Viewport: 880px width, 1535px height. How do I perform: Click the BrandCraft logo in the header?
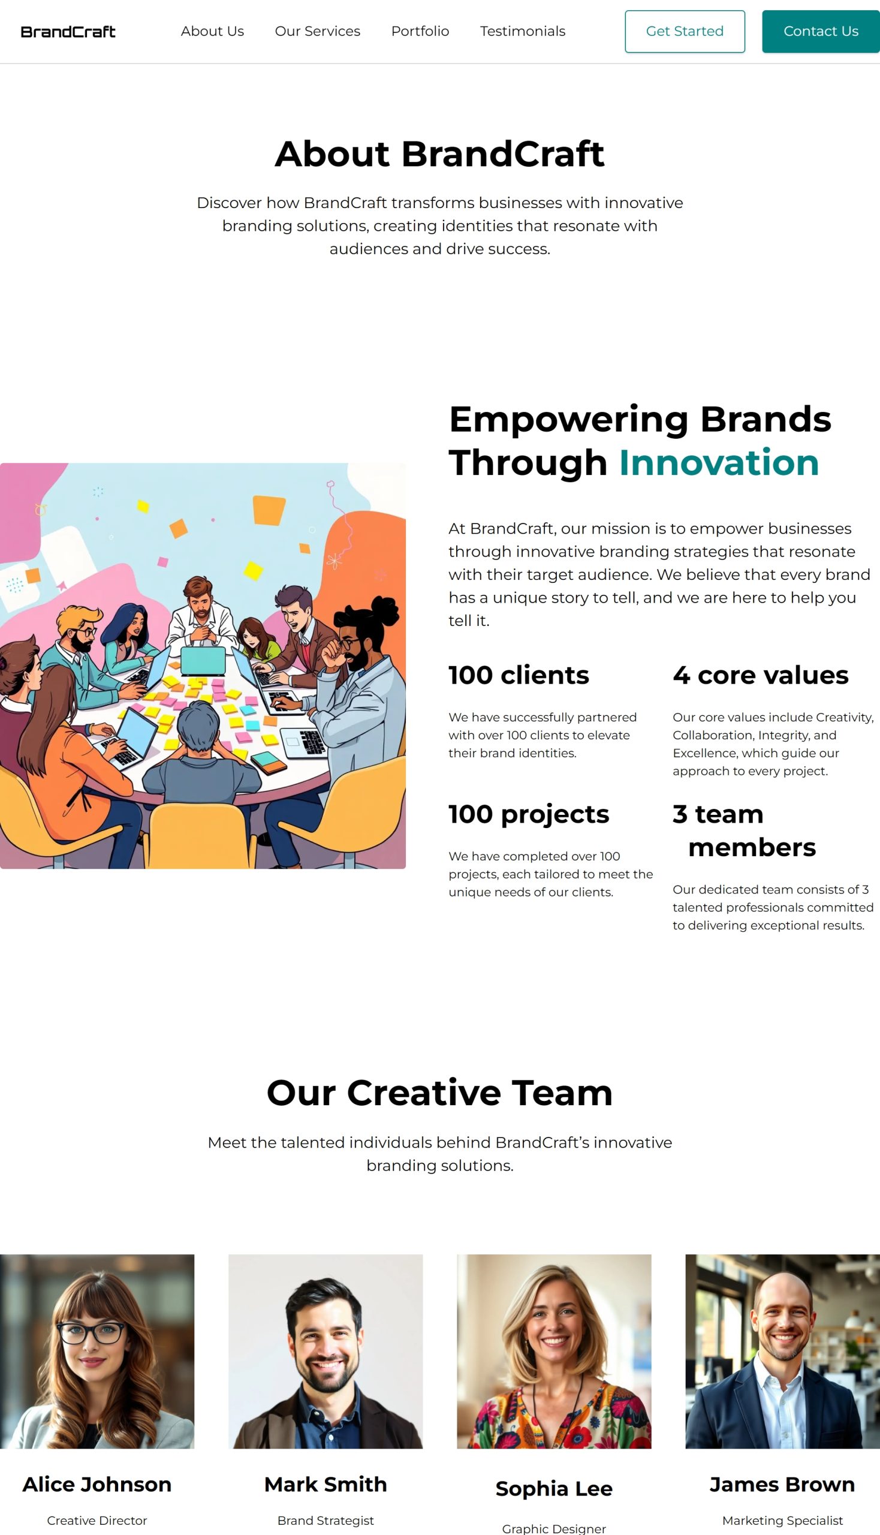[x=68, y=31]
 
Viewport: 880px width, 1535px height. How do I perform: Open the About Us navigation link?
[x=212, y=31]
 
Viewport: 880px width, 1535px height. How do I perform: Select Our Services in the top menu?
[x=317, y=31]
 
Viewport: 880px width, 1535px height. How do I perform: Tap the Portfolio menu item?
[x=420, y=31]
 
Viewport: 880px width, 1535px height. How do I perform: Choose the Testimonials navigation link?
[x=523, y=31]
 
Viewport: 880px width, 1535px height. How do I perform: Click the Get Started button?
[x=685, y=31]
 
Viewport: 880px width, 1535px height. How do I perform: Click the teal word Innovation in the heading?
[x=719, y=462]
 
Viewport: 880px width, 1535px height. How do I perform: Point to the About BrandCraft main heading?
[x=439, y=153]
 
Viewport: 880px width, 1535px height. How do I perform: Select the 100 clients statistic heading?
[x=519, y=675]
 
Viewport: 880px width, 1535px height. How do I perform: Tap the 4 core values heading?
[x=761, y=675]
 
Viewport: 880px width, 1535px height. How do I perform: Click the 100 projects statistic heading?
[x=529, y=814]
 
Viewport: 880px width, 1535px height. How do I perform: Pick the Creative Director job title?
[x=97, y=1521]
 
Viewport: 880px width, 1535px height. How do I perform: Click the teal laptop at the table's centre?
[x=204, y=660]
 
